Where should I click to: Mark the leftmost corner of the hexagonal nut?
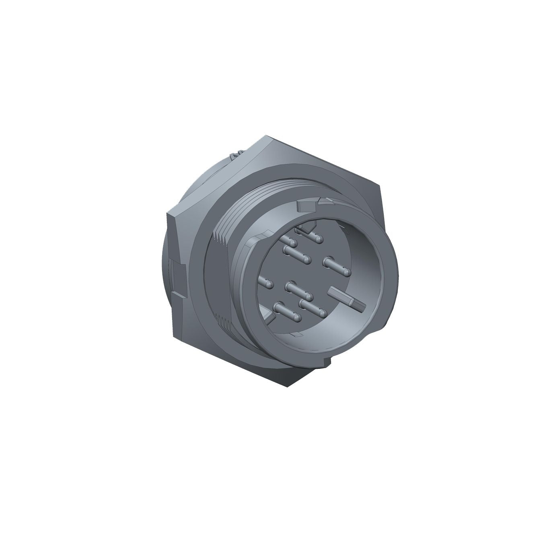[x=168, y=213]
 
